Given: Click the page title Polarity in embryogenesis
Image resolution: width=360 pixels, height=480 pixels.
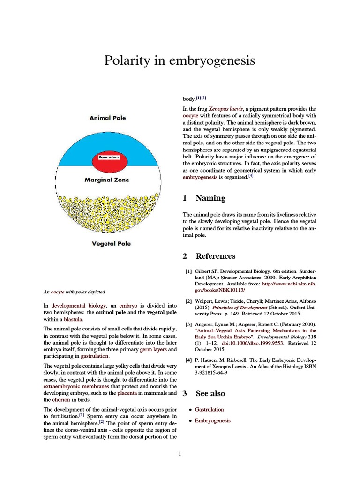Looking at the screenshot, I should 180,60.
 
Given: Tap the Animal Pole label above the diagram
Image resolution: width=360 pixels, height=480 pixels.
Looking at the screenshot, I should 107,118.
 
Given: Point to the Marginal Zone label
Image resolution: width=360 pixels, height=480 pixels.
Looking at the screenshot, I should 107,180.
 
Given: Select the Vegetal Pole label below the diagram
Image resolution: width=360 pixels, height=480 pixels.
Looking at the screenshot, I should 111,244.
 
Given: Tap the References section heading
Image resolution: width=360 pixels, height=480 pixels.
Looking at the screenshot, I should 216,256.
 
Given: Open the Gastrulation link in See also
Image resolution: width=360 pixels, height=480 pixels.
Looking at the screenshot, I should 209,409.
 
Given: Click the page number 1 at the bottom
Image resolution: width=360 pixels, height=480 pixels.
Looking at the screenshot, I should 180,453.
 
